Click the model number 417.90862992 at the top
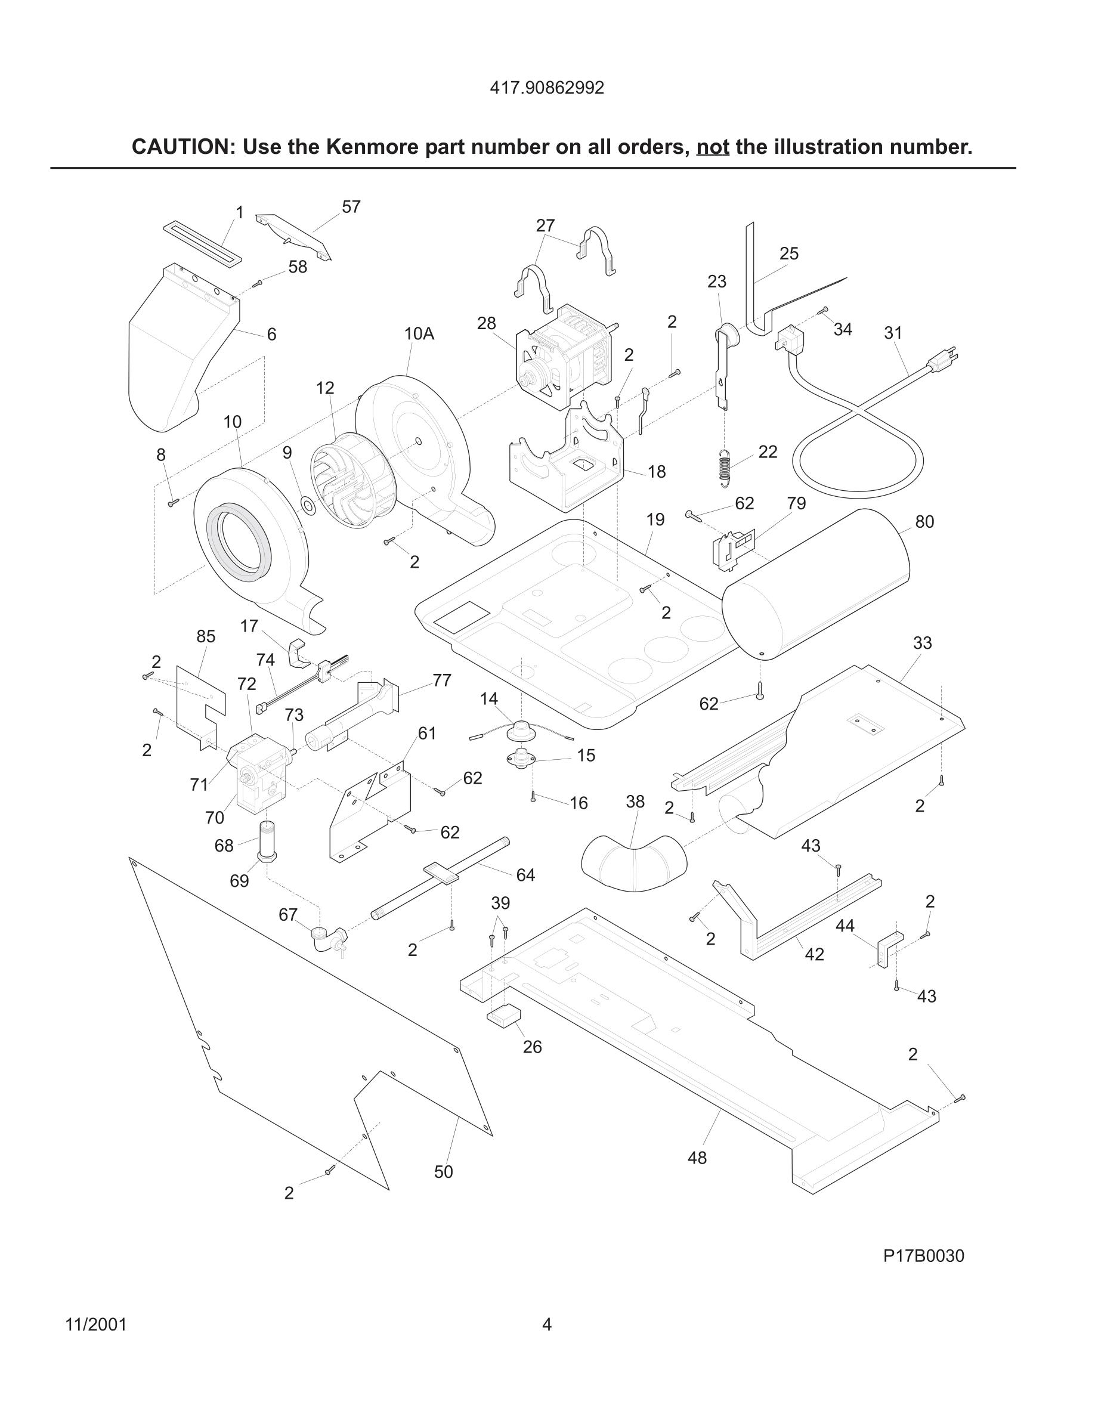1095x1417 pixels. [547, 88]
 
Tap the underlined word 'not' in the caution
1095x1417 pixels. [712, 147]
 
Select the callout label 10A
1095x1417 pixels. [419, 333]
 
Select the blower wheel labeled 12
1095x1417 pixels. [341, 479]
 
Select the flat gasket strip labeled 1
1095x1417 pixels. [202, 243]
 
